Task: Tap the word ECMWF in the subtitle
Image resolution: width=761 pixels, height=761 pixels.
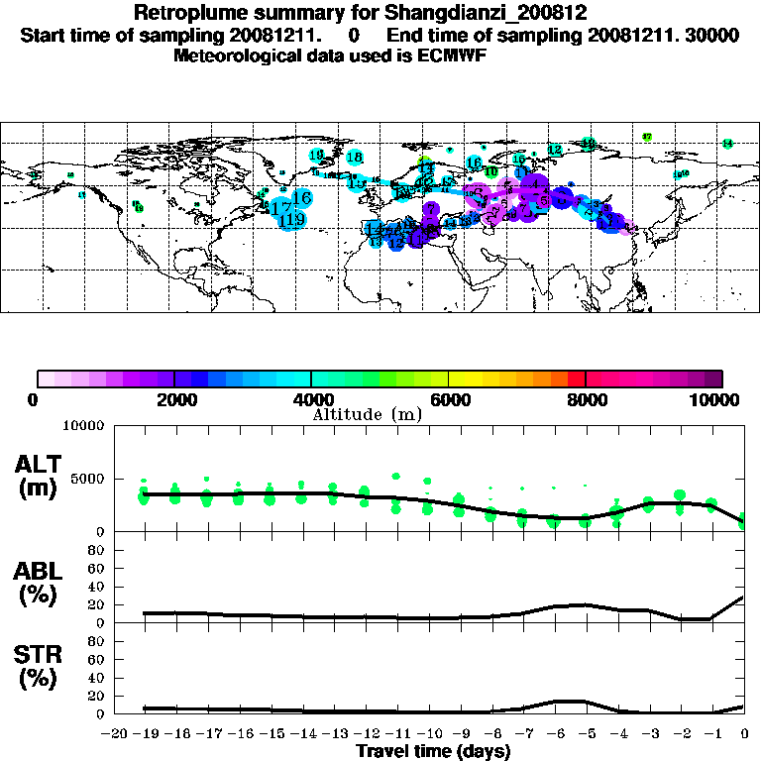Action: pyautogui.click(x=458, y=55)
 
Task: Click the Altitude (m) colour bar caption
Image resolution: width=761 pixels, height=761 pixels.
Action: pyautogui.click(x=367, y=413)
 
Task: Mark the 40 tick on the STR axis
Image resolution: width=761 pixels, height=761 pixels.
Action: pyautogui.click(x=97, y=678)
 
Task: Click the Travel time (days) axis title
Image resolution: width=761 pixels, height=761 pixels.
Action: pyautogui.click(x=433, y=751)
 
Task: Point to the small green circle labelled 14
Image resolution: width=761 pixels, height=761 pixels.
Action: pyautogui.click(x=727, y=144)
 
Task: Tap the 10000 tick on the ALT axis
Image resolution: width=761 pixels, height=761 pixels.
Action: pyautogui.click(x=83, y=426)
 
